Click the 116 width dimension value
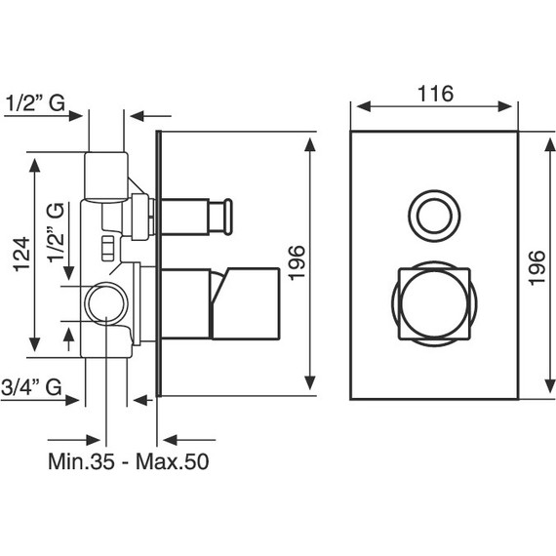(435, 94)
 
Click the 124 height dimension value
(22, 255)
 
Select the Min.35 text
(81, 461)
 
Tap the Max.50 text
(173, 461)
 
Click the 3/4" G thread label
(31, 387)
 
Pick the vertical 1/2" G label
(57, 232)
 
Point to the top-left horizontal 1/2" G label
(35, 103)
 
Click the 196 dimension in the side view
(297, 262)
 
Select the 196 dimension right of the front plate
(536, 267)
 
